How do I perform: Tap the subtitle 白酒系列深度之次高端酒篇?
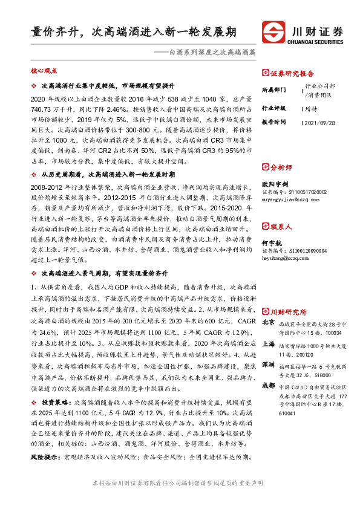click(x=212, y=53)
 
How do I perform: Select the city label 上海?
click(x=268, y=344)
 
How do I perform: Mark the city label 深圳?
click(x=268, y=365)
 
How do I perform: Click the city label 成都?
click(x=268, y=386)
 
